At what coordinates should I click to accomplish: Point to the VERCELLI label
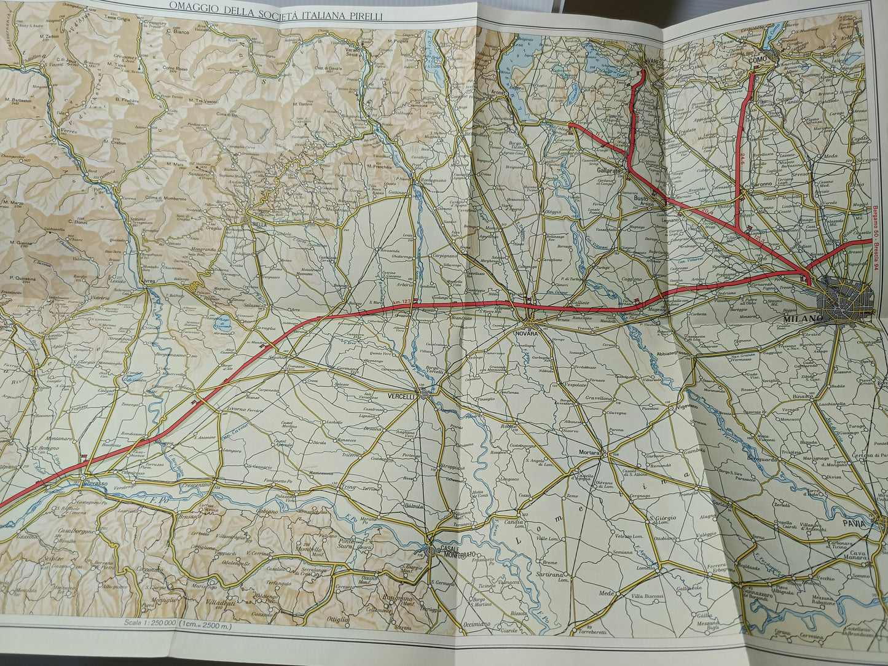403,396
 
